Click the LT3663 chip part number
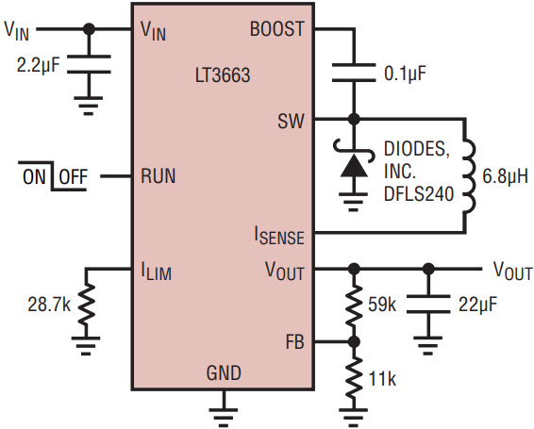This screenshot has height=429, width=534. pyautogui.click(x=223, y=75)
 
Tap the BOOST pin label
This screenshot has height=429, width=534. pyautogui.click(x=276, y=29)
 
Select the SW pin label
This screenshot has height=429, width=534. pyautogui.click(x=291, y=121)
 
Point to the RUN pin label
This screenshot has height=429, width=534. pyautogui.click(x=158, y=176)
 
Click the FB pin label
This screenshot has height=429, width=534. pyautogui.click(x=295, y=342)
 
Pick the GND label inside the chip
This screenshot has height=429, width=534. pyautogui.click(x=224, y=372)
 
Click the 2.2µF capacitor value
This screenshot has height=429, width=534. pyautogui.click(x=38, y=65)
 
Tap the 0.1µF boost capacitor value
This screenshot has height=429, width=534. pyautogui.click(x=405, y=74)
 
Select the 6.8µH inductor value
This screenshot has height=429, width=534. pyautogui.click(x=505, y=176)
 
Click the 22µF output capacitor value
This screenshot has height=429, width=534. pyautogui.click(x=477, y=305)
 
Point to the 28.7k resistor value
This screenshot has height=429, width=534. pyautogui.click(x=49, y=305)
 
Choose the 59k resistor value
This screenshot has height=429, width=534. pyautogui.click(x=382, y=305)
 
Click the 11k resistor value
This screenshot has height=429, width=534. pyautogui.click(x=382, y=378)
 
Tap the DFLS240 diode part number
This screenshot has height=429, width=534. pyautogui.click(x=419, y=193)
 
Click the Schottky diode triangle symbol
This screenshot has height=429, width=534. pyautogui.click(x=354, y=166)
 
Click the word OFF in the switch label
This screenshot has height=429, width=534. pyautogui.click(x=73, y=176)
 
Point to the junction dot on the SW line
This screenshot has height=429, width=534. pyautogui.click(x=354, y=119)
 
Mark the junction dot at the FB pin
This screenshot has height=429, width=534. pyautogui.click(x=354, y=341)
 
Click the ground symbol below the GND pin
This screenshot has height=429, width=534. pyautogui.click(x=224, y=417)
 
